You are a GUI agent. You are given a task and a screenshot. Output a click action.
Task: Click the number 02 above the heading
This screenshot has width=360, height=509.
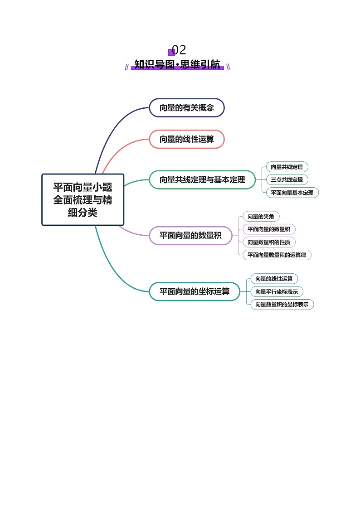point(179,50)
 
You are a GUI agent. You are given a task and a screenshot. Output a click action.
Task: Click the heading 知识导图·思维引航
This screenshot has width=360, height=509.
point(178,64)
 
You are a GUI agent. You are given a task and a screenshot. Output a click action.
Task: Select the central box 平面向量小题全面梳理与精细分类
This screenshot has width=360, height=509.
point(83,199)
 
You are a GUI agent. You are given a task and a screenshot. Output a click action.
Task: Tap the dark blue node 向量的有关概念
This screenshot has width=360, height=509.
point(187,108)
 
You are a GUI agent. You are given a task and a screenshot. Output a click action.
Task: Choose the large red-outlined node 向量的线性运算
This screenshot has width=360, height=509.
point(187,139)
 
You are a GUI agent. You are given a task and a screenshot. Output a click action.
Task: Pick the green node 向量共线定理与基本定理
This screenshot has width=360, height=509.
point(202,179)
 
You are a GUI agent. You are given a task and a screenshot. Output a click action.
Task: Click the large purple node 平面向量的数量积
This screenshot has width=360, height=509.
point(190,235)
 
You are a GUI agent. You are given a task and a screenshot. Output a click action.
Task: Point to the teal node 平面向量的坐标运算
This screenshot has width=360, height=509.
point(195,291)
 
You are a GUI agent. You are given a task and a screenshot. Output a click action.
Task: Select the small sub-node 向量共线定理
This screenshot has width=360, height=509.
point(287,167)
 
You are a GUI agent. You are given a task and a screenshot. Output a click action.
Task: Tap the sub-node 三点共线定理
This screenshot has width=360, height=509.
point(287,179)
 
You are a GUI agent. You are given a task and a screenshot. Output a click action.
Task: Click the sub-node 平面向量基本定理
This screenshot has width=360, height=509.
point(292,193)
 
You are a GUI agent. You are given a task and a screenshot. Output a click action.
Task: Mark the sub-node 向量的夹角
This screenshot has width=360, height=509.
point(261,216)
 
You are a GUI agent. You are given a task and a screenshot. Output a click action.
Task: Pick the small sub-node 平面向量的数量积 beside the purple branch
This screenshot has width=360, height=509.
point(269,229)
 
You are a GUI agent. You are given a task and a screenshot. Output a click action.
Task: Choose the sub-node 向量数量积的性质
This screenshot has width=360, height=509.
point(269,242)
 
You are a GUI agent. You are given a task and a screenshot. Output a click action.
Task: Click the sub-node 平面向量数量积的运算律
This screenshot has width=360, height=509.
point(277,255)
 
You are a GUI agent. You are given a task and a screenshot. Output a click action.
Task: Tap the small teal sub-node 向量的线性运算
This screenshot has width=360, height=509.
point(274,278)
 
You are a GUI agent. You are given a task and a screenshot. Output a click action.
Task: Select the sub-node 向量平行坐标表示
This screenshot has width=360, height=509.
point(277,291)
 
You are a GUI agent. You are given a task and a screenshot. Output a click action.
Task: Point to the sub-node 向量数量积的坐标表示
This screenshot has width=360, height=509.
point(282,304)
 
